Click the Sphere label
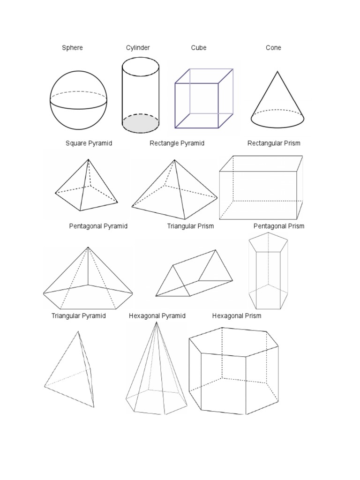click(72, 48)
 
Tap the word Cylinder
click(138, 48)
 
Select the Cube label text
click(199, 48)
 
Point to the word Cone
click(273, 48)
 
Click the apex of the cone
click(277, 71)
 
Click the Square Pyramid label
click(89, 143)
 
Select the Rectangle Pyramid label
click(177, 143)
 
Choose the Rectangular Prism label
click(274, 143)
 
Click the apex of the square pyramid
click(88, 159)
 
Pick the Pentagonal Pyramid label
click(98, 226)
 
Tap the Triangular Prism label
click(190, 226)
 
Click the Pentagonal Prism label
click(279, 226)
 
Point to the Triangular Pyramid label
click(79, 316)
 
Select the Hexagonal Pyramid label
click(157, 316)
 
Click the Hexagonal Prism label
click(237, 316)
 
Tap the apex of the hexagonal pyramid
click(156, 322)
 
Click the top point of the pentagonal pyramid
click(88, 247)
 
